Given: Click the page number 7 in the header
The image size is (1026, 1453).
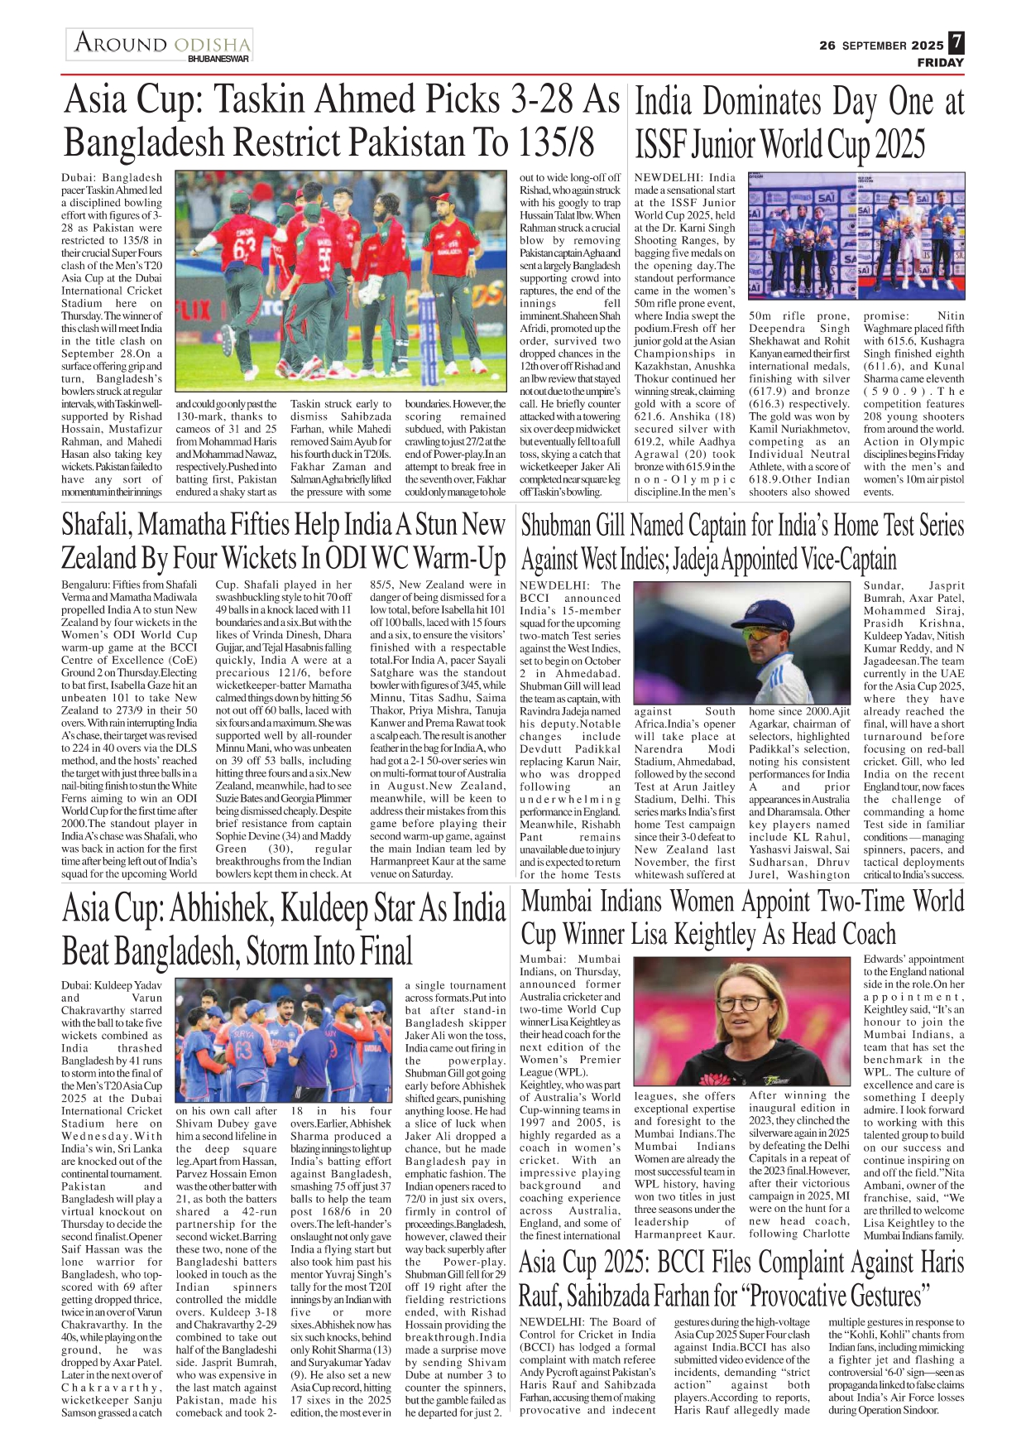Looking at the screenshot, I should click(956, 42).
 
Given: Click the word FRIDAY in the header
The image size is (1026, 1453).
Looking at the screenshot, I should click(940, 63).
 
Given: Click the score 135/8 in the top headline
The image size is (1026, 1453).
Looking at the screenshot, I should click(556, 142).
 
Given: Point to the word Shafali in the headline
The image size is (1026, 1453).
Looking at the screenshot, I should click(97, 524).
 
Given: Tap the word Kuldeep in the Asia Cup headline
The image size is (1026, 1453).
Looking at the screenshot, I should click(324, 908).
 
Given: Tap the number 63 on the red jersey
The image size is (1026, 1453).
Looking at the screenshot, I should click(245, 250).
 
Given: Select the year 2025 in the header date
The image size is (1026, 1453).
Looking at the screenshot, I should click(927, 46).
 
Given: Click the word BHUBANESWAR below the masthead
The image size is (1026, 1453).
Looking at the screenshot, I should click(218, 60).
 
